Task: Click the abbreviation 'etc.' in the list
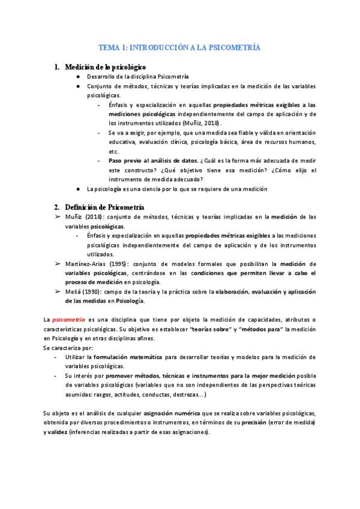pos(113,151)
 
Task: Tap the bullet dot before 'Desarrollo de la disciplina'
pos(79,77)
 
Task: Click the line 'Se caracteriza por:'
pos(68,348)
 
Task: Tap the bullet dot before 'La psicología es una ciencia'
pos(79,188)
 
